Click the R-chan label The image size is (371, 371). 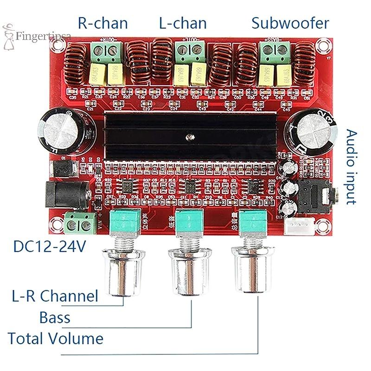click(102, 23)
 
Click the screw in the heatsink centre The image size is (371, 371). click(190, 136)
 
